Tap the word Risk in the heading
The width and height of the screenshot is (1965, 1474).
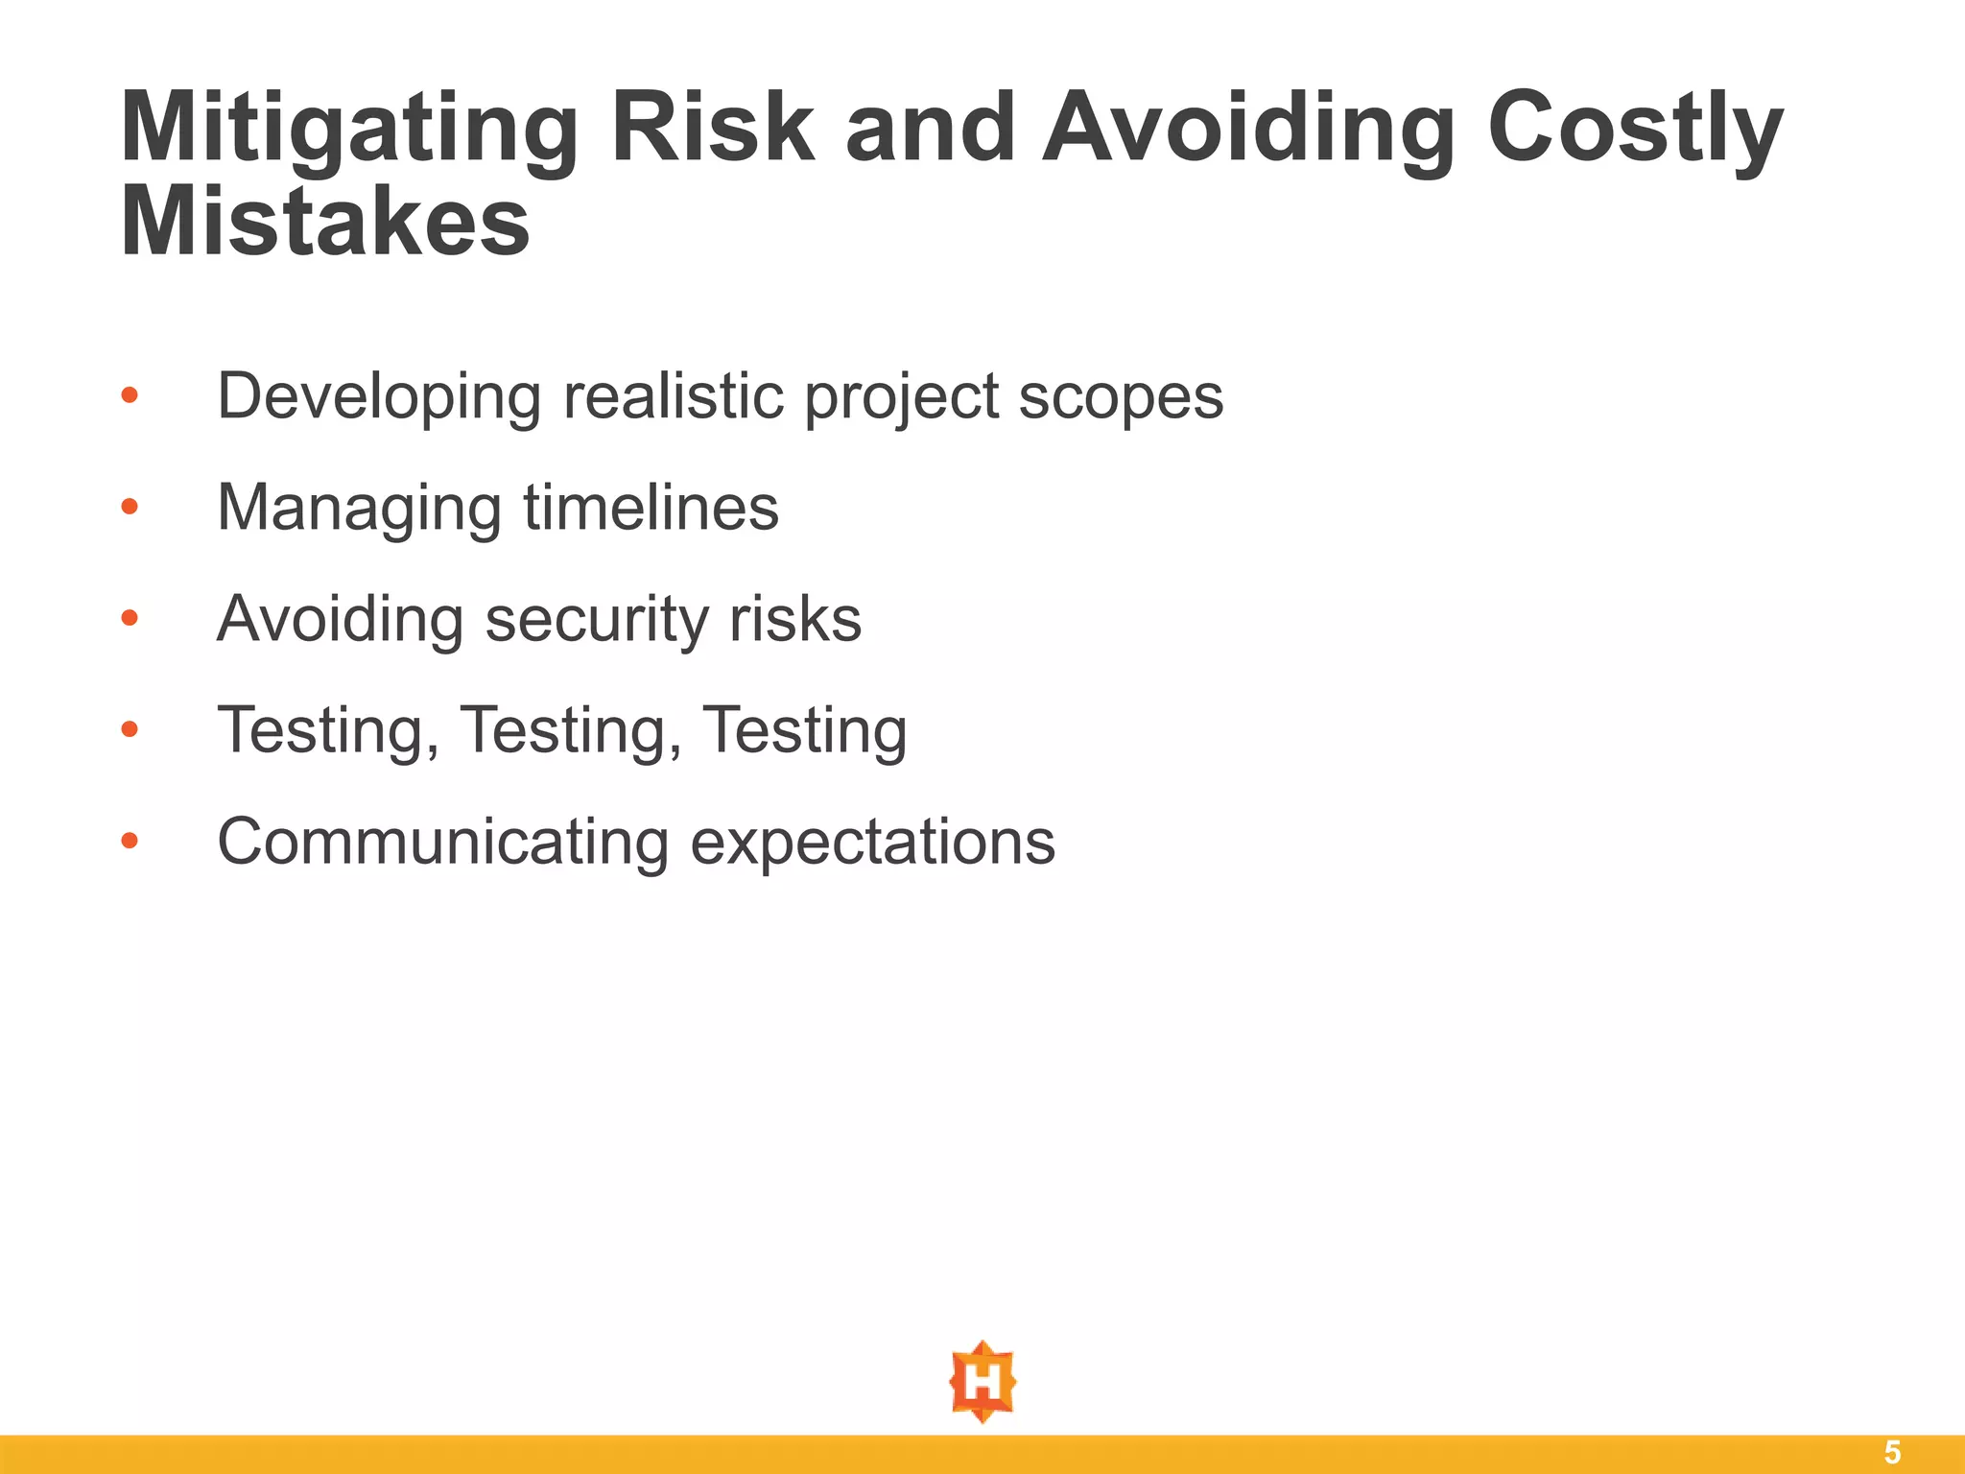(712, 127)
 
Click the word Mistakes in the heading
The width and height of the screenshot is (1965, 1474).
(324, 223)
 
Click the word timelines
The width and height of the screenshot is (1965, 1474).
(651, 507)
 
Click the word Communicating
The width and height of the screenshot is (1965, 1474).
(443, 842)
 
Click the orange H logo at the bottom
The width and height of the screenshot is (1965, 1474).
(982, 1382)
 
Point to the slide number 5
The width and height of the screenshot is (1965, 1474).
(1892, 1453)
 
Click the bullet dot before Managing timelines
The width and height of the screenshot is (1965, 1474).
(130, 507)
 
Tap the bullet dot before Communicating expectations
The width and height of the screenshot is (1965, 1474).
(130, 842)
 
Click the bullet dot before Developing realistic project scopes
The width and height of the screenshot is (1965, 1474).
(130, 395)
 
